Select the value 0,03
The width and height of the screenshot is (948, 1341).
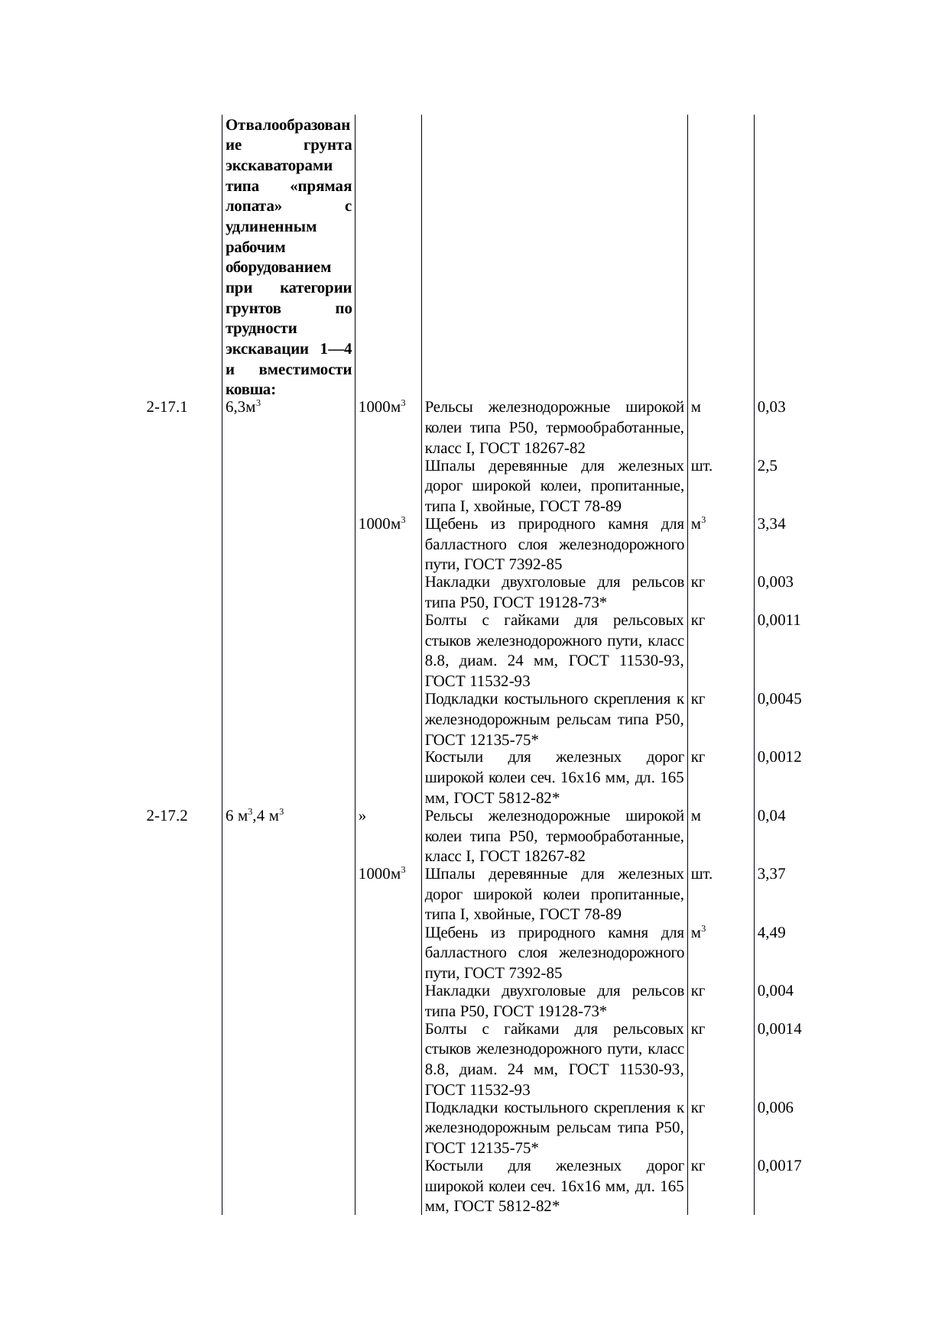point(771,407)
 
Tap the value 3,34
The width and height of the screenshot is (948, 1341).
point(771,524)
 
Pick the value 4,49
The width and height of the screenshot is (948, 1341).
point(771,933)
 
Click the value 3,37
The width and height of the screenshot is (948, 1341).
point(771,874)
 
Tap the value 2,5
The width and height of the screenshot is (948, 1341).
point(768,466)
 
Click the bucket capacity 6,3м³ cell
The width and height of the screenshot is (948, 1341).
point(245,407)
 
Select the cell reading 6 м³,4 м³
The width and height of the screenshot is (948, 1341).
point(255,816)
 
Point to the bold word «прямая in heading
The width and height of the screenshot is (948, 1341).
point(321,187)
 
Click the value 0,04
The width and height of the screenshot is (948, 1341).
point(771,816)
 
